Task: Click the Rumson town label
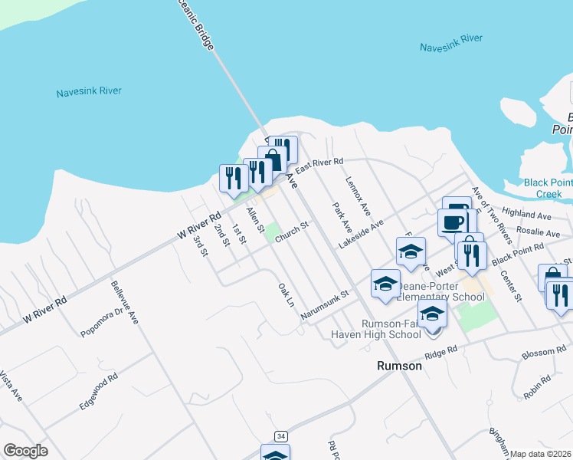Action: (400, 366)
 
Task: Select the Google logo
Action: (25, 451)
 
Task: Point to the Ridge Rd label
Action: (440, 353)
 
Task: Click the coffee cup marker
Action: (452, 222)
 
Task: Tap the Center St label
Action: (509, 284)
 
